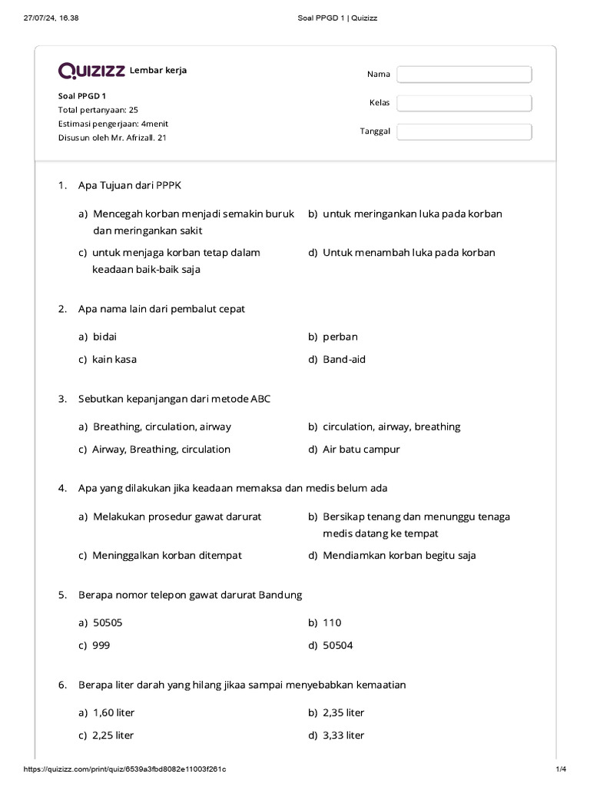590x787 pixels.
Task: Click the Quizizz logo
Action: pos(91,71)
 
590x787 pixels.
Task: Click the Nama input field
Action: pos(464,75)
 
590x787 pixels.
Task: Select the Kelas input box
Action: pos(464,103)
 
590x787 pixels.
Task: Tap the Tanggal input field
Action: pos(464,131)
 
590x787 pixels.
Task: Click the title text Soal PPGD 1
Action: pos(82,96)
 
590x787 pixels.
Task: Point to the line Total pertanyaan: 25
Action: pos(98,110)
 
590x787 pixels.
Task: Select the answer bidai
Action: pos(105,337)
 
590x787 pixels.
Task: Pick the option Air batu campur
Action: pos(361,450)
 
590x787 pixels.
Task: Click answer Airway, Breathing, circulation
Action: pos(161,450)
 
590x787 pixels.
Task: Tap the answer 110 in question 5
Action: pos(332,623)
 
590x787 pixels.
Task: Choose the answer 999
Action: pos(101,646)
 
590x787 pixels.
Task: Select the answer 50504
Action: pos(338,646)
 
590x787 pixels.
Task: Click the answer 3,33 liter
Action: pos(343,736)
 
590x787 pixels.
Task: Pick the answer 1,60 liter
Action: pos(114,712)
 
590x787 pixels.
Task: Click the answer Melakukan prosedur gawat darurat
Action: pos(177,516)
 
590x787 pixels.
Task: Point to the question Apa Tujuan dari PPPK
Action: pos(130,185)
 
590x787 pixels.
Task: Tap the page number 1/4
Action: pos(560,769)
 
